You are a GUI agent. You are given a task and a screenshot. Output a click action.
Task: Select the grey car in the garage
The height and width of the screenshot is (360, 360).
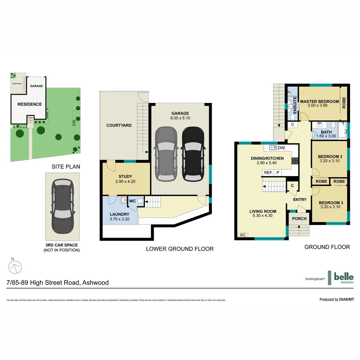(167, 153)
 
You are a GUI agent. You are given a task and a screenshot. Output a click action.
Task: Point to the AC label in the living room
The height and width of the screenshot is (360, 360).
(243, 235)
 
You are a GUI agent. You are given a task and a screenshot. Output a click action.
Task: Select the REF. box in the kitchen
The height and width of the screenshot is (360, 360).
(268, 173)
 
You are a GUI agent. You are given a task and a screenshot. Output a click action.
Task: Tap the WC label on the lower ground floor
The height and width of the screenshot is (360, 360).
(132, 201)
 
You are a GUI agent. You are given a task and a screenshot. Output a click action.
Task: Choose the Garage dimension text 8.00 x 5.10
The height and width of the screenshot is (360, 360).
(180, 118)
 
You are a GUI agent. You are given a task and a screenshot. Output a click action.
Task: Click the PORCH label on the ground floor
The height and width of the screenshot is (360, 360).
(299, 219)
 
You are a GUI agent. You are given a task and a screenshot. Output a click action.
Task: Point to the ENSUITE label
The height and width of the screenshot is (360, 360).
(295, 105)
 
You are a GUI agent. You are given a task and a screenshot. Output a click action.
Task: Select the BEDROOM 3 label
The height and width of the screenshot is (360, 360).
(331, 203)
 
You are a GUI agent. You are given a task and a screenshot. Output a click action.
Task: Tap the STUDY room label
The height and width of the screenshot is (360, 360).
(125, 176)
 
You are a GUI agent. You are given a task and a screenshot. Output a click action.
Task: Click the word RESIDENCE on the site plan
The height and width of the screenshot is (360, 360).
(30, 104)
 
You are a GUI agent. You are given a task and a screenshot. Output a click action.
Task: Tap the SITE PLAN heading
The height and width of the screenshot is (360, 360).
(66, 167)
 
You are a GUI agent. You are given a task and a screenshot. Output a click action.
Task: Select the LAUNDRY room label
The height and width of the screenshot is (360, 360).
(119, 214)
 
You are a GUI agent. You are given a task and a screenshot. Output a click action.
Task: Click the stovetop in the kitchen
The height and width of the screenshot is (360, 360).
(295, 161)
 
